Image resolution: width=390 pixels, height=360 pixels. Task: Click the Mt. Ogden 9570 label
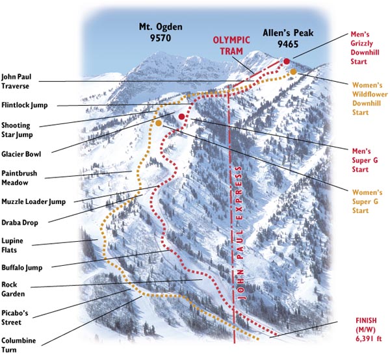tap(161, 32)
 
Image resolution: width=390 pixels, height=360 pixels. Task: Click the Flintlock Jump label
tap(27, 105)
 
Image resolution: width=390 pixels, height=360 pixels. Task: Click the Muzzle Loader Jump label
tap(32, 201)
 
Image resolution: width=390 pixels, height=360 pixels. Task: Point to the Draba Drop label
tap(19, 222)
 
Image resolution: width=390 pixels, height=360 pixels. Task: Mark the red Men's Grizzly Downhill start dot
tap(285, 61)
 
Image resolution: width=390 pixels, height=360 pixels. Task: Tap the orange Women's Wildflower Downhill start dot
tap(293, 71)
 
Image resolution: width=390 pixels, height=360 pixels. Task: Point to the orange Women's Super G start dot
tap(159, 122)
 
